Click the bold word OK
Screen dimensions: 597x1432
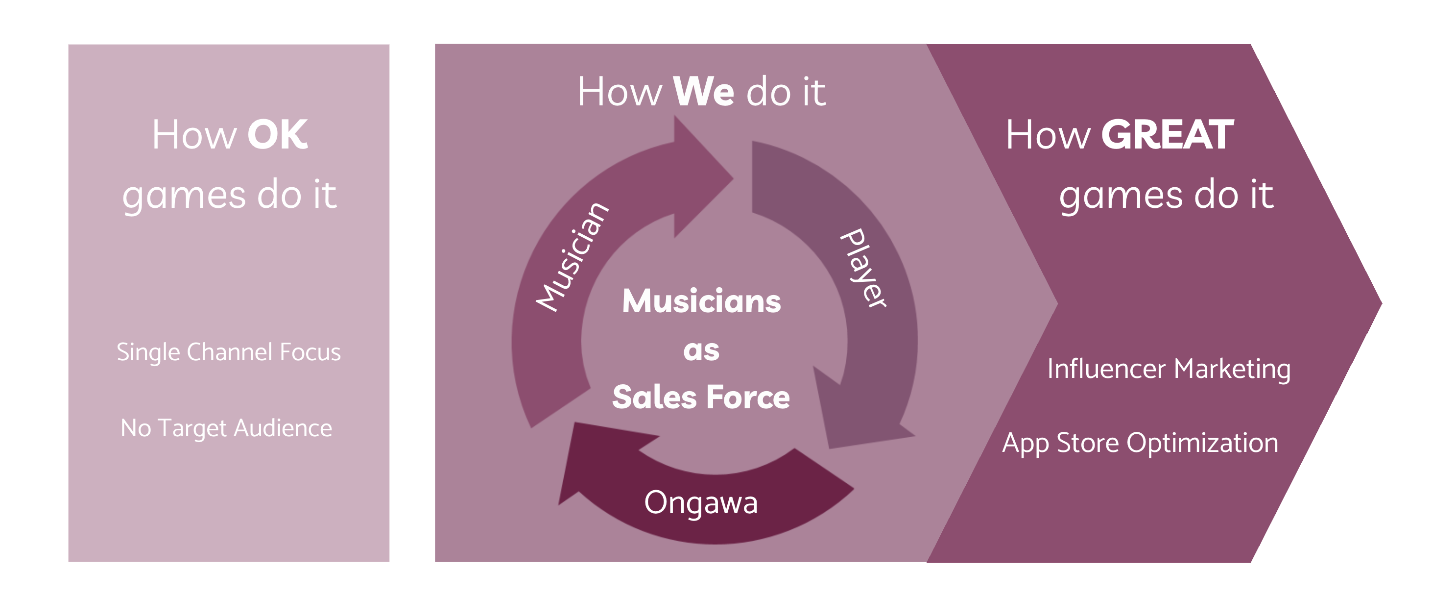coord(277,135)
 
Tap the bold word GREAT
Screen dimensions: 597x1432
coord(1167,135)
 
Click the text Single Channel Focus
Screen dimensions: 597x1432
coord(229,352)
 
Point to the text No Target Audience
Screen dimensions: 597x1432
coord(226,428)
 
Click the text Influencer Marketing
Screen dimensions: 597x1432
coord(1169,369)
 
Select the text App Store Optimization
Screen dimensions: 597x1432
coord(1140,444)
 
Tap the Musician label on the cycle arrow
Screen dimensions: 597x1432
coord(572,257)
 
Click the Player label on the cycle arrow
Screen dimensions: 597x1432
coord(863,268)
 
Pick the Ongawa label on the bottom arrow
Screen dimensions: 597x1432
coord(700,503)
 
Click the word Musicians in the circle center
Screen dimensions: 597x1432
coord(701,301)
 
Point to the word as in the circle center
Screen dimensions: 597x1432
coord(701,350)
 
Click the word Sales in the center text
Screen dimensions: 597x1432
coord(654,397)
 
